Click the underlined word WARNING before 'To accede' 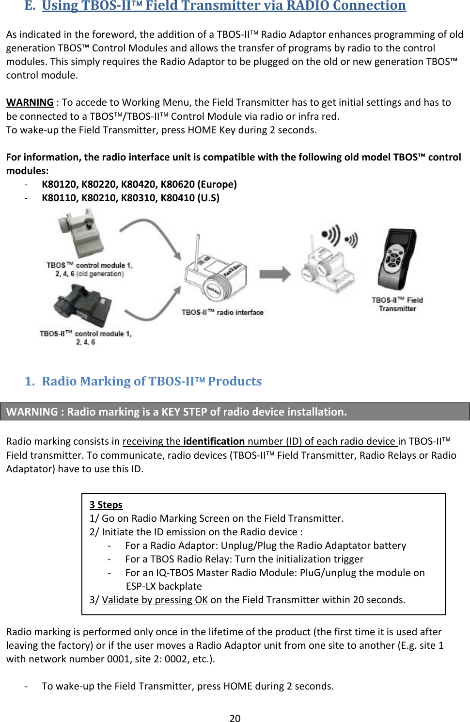[30, 102]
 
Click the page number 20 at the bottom [235, 718]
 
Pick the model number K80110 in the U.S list [60, 198]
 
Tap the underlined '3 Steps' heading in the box [106, 505]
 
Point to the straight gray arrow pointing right [274, 274]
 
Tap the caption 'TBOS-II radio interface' [222, 312]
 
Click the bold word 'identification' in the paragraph [214, 441]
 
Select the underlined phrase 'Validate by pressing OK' [155, 600]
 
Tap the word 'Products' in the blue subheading [235, 381]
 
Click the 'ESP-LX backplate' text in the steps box [164, 586]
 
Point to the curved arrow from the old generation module [153, 233]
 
